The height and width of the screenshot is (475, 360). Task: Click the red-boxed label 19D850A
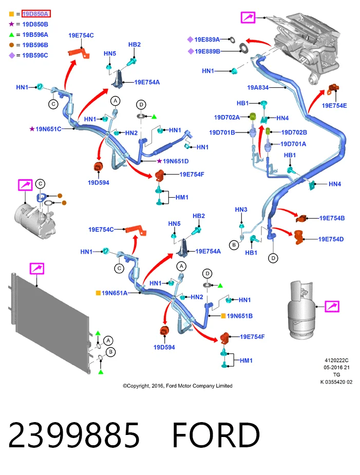point(36,14)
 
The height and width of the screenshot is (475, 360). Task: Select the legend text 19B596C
point(35,55)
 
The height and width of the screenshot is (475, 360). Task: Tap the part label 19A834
point(258,87)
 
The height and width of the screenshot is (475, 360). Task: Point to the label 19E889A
point(207,40)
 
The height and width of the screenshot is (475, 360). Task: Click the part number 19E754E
point(334,106)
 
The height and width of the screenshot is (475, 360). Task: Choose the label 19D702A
point(226,117)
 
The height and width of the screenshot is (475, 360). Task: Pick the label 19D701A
point(293,144)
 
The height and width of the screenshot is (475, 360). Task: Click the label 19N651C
point(48,129)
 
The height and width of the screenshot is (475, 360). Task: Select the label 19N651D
point(176,161)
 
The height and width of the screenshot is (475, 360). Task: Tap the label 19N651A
point(115,293)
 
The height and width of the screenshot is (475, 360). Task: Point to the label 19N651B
point(240,316)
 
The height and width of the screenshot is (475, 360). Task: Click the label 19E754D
point(331,239)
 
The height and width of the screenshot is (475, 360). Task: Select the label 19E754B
point(332,218)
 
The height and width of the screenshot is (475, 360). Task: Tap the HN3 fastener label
point(241,210)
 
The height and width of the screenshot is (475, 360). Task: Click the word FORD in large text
point(216,435)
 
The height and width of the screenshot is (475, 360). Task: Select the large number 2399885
point(74,435)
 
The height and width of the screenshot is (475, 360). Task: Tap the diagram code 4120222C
point(336,360)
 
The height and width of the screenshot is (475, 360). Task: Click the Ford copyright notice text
point(178,386)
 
